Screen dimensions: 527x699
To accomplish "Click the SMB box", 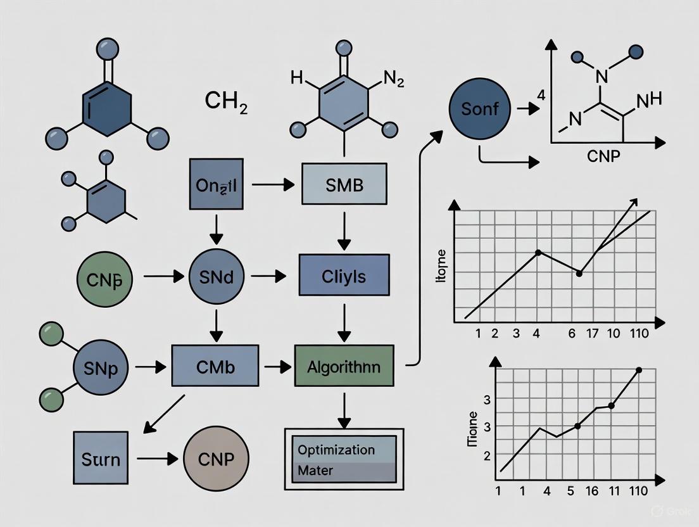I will tap(343, 184).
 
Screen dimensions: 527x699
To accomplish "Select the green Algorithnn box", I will tap(344, 365).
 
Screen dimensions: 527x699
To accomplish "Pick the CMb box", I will tap(215, 365).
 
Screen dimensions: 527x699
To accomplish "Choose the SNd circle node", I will tap(215, 277).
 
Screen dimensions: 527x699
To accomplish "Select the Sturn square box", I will tap(100, 458).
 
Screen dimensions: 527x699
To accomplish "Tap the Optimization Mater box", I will tap(344, 460).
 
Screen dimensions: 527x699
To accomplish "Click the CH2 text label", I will tap(226, 102).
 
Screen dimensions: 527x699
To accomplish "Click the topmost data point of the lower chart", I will tap(638, 370).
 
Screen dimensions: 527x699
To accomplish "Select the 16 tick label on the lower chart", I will tap(592, 491).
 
